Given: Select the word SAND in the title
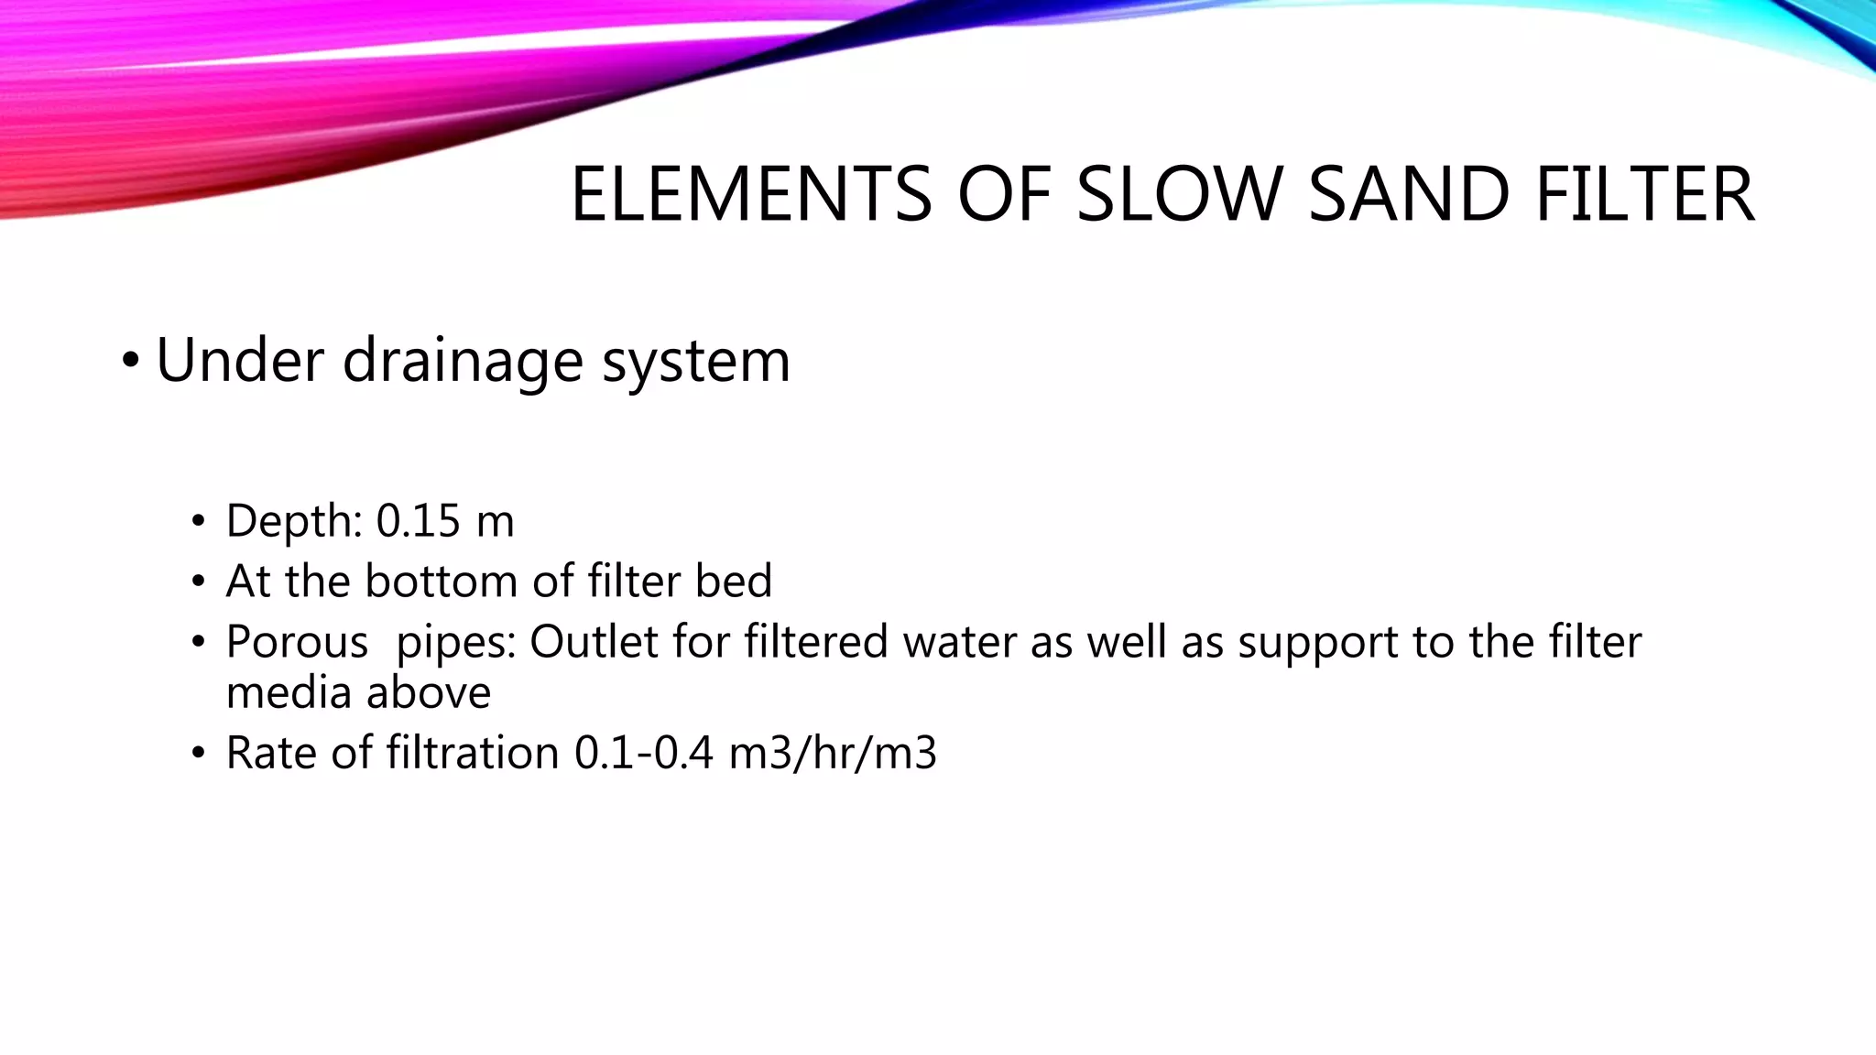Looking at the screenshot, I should pos(1409,194).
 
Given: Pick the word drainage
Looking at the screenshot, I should pos(463,360).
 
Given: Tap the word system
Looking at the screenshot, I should pos(696,360).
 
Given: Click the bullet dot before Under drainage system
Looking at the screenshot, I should pos(130,361).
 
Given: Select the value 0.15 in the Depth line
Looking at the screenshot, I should pos(418,521).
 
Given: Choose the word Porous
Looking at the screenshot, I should pos(297,642).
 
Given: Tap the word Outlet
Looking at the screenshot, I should pos(594,642).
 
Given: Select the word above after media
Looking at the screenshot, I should pos(430,692).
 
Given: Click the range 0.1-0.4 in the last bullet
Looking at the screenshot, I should pos(643,754).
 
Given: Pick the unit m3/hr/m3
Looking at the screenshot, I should pos(833,754).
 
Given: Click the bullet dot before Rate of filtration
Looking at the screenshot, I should pos(198,754).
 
